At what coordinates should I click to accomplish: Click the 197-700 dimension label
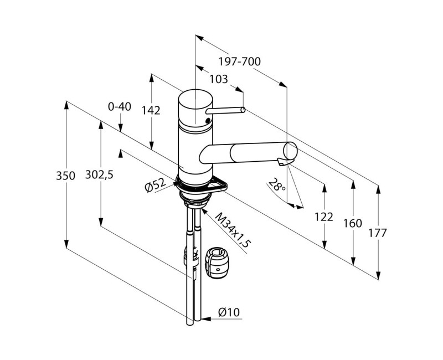240,61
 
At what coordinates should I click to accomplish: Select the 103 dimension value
219,79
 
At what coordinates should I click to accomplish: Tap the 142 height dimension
151,110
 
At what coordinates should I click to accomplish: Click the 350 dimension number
65,176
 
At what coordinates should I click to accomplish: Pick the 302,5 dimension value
99,174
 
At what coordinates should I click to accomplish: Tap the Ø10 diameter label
229,312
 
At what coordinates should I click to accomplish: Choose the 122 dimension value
324,217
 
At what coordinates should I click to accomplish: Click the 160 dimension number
352,223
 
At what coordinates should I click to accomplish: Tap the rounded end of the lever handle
243,110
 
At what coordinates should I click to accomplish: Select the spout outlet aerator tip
282,162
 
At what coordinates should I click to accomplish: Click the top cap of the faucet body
195,98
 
